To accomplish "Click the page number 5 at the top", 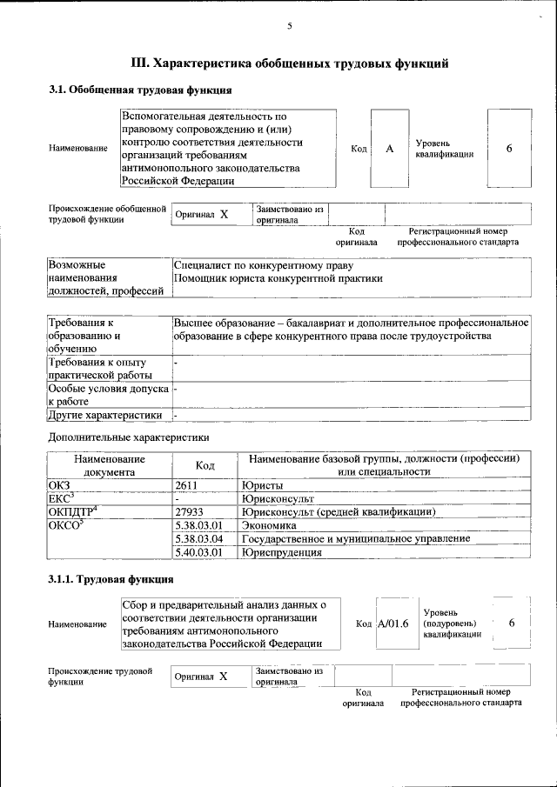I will tap(289, 27).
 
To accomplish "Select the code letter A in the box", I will tap(390, 149).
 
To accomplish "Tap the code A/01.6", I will tap(393, 624).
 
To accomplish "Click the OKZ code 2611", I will tap(188, 485).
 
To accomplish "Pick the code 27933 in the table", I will tap(189, 512).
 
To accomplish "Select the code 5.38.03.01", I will tap(198, 525).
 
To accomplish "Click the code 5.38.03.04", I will tap(198, 538).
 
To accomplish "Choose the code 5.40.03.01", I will tap(198, 552).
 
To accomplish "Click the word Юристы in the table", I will tap(264, 485).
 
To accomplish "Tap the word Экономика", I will tap(271, 525).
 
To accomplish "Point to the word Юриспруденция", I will tap(283, 552).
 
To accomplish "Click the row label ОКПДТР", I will tap(70, 511).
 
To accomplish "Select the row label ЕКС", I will tap(60, 498).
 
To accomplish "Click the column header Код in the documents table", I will tap(205, 465).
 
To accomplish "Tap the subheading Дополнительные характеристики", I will tap(128, 437).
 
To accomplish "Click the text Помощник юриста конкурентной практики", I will tap(278, 278).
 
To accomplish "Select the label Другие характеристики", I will tap(105, 415).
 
